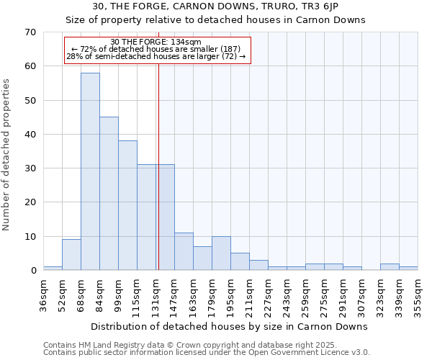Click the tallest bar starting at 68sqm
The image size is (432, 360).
pos(90,171)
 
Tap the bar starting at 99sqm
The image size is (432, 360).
pos(127,205)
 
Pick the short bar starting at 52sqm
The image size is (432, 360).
pos(71,255)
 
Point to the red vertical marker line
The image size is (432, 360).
pos(158,166)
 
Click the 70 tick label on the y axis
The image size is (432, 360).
pos(30,32)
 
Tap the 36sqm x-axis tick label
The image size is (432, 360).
pos(43,295)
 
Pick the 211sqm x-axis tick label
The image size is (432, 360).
pos(249,297)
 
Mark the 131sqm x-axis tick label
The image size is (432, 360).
pos(156,297)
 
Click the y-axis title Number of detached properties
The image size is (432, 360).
pos(7,155)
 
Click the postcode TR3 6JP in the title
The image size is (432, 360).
pos(331,6)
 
